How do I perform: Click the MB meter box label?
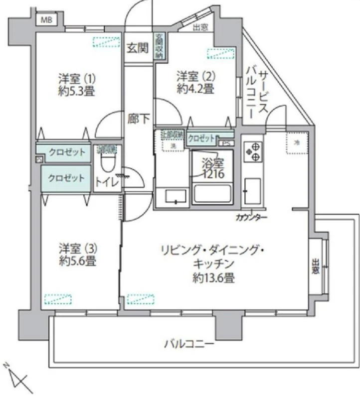(46, 20)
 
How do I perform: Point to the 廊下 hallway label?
(137, 119)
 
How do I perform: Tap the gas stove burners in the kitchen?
(252, 151)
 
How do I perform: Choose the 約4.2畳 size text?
(195, 90)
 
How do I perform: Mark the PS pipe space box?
(226, 143)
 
